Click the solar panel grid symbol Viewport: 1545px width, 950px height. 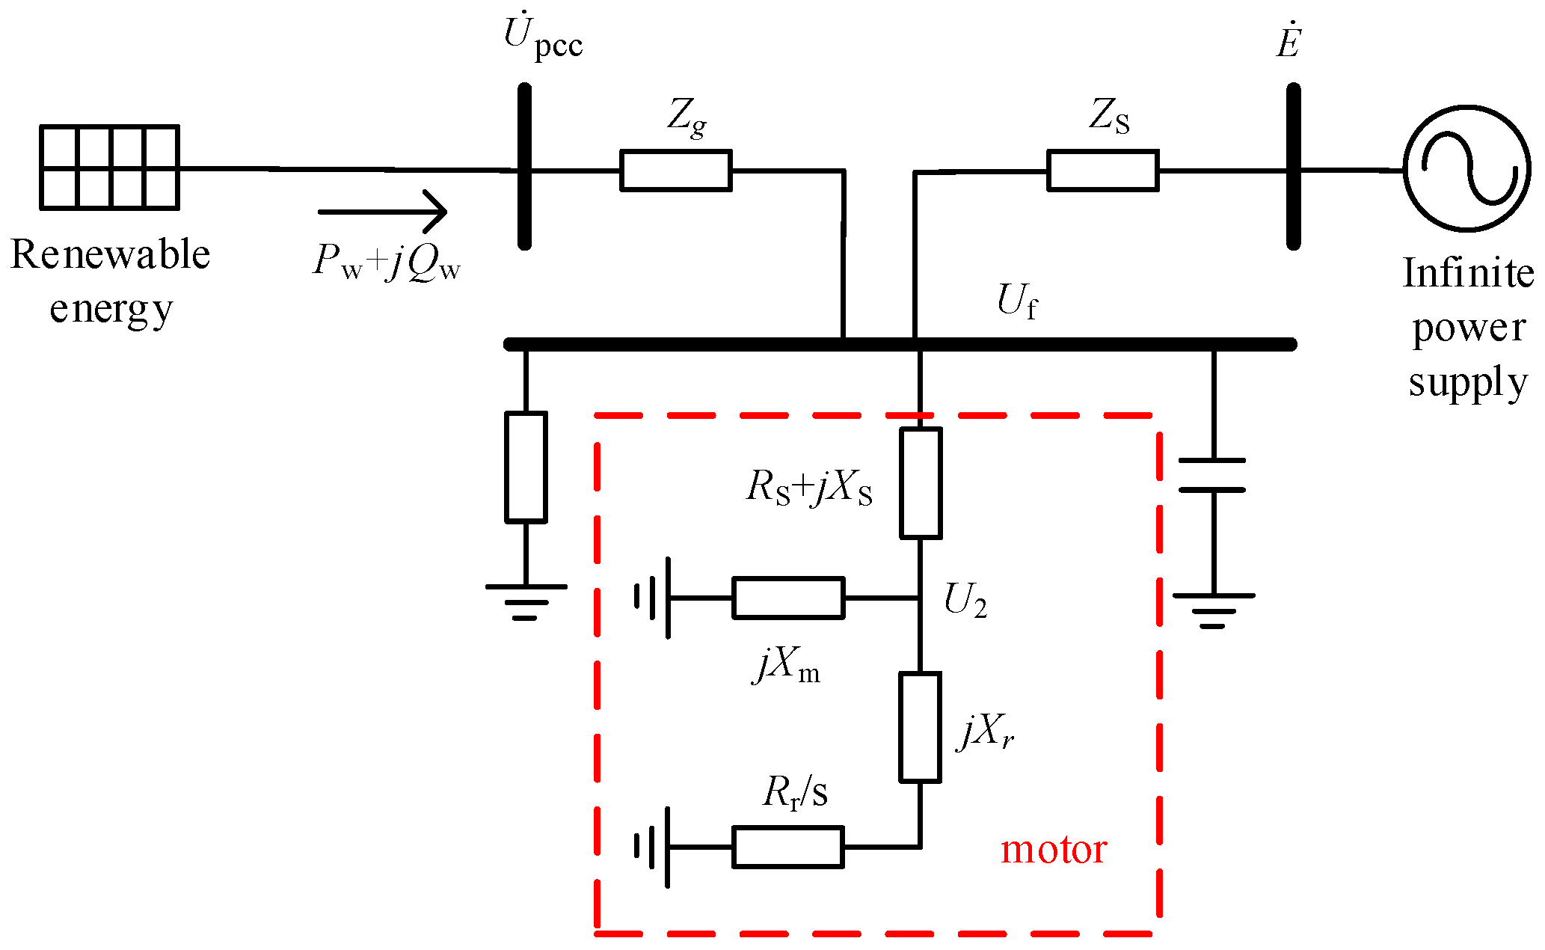(109, 167)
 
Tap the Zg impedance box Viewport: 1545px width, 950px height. (675, 171)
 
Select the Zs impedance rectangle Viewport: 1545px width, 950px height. (1102, 171)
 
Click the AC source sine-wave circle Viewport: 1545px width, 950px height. (1466, 168)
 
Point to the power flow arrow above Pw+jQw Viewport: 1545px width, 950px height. (382, 212)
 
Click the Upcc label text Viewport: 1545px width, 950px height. (543, 37)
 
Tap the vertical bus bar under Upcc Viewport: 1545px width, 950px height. (525, 166)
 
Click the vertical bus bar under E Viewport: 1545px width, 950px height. (1293, 166)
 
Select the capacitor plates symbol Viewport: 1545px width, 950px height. (1211, 475)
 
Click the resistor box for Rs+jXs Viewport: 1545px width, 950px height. (920, 482)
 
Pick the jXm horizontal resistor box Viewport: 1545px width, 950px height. (788, 598)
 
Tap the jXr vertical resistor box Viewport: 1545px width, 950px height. (920, 727)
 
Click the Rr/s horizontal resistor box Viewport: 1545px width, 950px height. (788, 847)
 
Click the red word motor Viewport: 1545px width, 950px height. (1053, 850)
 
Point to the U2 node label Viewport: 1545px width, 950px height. (965, 601)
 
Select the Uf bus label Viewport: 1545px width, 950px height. (1017, 301)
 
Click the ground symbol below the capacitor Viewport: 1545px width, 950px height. (1213, 610)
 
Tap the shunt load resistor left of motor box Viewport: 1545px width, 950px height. (526, 467)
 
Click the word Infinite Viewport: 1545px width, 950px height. (1467, 273)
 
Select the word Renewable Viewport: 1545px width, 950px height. (111, 255)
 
